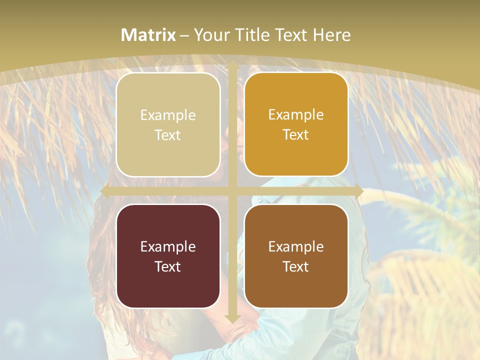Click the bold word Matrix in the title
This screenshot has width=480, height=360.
pyautogui.click(x=148, y=35)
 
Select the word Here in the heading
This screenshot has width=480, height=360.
pyautogui.click(x=331, y=35)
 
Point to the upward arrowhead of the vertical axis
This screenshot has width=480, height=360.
pyautogui.click(x=232, y=65)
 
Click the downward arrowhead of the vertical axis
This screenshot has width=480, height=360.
pyautogui.click(x=232, y=318)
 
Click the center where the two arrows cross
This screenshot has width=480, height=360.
pyautogui.click(x=232, y=191)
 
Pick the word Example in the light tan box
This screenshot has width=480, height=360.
pyautogui.click(x=168, y=115)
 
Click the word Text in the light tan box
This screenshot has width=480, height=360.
pyautogui.click(x=168, y=135)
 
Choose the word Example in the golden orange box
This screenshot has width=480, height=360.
pyautogui.click(x=296, y=115)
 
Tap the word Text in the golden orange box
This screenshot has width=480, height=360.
pyautogui.click(x=296, y=135)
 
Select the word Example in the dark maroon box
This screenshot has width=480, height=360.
pyautogui.click(x=168, y=247)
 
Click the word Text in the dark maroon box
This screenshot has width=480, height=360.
pyautogui.click(x=168, y=267)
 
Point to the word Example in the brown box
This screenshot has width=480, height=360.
pyautogui.click(x=296, y=247)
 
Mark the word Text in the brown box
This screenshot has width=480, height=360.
pyautogui.click(x=296, y=267)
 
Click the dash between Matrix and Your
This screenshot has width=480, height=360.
pyautogui.click(x=184, y=35)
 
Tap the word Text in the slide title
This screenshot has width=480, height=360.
pyautogui.click(x=290, y=35)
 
